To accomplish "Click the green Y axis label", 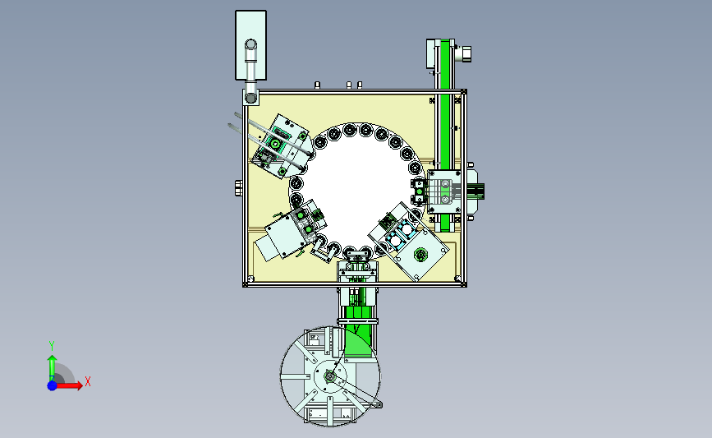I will pos(52,345).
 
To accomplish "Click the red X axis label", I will pos(87,381).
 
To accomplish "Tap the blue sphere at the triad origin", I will pos(52,385).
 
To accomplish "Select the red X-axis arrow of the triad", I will pos(72,385).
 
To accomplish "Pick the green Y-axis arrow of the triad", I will pos(52,366).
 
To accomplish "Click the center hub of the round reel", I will pos(329,377).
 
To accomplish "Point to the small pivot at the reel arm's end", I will pos(379,403).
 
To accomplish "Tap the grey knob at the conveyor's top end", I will pos(466,54).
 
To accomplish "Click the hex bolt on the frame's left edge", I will pos(237,187).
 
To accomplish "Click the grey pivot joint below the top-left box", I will pos(250,97).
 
